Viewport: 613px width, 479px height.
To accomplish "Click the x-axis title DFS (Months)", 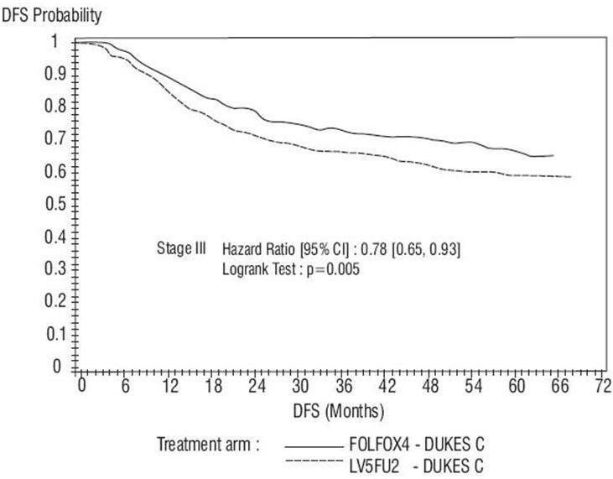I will [x=340, y=411].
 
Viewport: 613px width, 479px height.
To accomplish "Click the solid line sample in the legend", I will [x=315, y=446].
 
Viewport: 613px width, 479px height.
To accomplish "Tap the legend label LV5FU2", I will [x=374, y=464].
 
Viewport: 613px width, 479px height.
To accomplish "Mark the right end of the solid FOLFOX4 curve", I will [x=553, y=155].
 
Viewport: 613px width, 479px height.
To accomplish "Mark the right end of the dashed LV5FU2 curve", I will [x=570, y=177].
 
